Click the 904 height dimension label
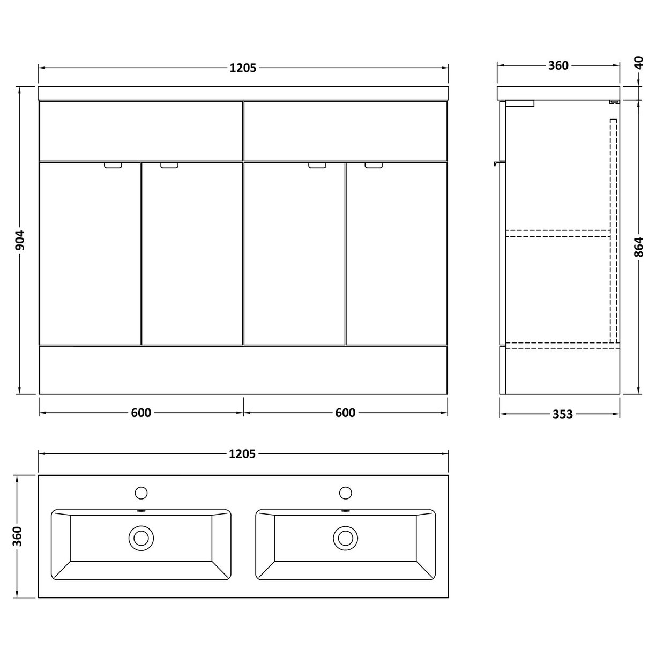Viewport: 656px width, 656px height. (20, 241)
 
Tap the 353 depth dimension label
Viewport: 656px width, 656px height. (562, 414)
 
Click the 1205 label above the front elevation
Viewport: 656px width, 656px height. (243, 68)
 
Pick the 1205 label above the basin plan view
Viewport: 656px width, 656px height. (242, 454)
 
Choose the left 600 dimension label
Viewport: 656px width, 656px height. (141, 413)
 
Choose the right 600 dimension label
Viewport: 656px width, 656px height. (345, 413)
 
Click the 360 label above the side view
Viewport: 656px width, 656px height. (558, 65)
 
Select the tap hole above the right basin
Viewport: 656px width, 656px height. (346, 492)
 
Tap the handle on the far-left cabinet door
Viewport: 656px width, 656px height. (113, 166)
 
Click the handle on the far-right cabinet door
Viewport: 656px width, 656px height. (375, 166)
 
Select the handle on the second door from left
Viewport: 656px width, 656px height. (169, 166)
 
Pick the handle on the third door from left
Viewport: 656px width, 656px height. (318, 166)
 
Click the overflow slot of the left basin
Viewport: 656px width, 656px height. (141, 511)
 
